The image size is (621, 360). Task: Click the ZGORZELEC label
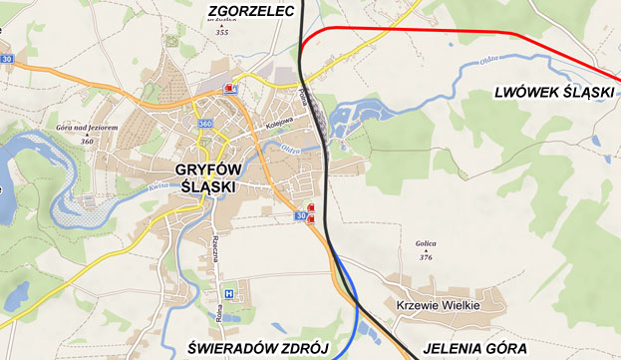point(252,11)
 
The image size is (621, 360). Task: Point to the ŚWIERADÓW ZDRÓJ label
point(258,348)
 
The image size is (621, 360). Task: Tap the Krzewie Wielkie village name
point(439,305)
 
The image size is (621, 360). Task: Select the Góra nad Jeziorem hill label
point(88,129)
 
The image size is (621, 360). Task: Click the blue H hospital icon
point(229,294)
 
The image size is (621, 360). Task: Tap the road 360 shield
point(205,123)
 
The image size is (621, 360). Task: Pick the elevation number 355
point(221,33)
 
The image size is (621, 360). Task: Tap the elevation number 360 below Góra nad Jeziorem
point(88,142)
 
